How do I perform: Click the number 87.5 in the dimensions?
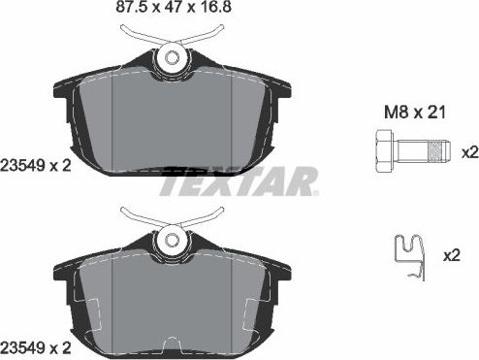103,12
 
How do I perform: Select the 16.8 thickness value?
192,12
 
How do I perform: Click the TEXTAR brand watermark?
239,180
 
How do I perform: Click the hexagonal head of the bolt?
380,152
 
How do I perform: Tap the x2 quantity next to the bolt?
467,152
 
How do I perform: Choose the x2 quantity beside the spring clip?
452,256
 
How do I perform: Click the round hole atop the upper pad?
173,58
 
